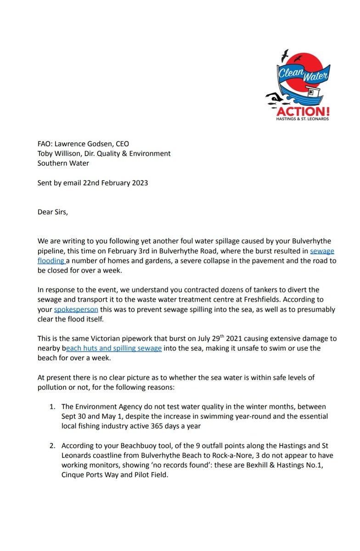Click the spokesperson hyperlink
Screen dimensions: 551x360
[x=76, y=309]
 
